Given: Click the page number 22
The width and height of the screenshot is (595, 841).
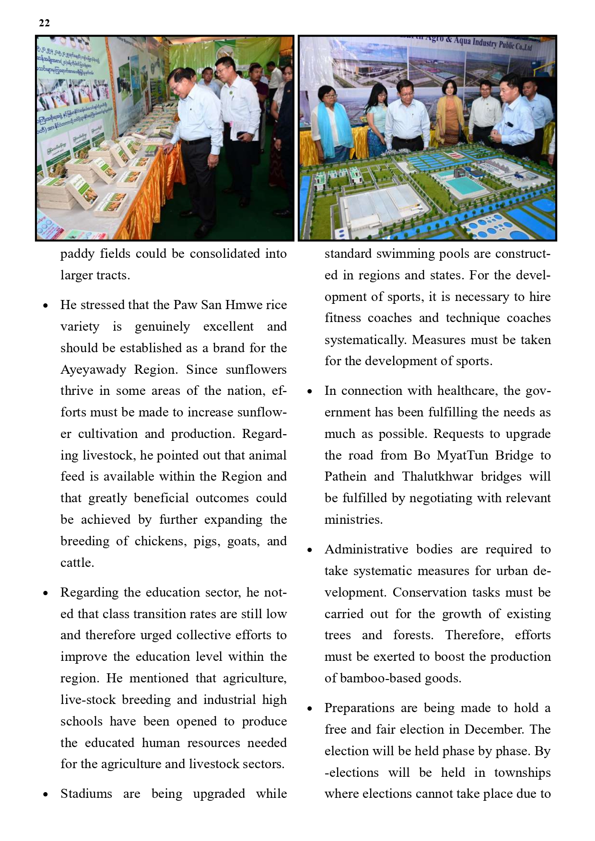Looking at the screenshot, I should click(x=44, y=23).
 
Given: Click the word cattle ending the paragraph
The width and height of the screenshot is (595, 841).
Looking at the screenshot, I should click(x=76, y=563).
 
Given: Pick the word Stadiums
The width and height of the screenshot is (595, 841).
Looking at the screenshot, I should click(x=86, y=794).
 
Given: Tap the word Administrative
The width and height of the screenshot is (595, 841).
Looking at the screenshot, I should click(x=366, y=549).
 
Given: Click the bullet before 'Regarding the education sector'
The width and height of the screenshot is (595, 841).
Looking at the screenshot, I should click(x=46, y=593).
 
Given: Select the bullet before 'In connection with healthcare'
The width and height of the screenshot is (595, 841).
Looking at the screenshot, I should click(x=310, y=392).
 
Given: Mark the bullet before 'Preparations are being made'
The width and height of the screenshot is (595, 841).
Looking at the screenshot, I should click(x=310, y=709).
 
